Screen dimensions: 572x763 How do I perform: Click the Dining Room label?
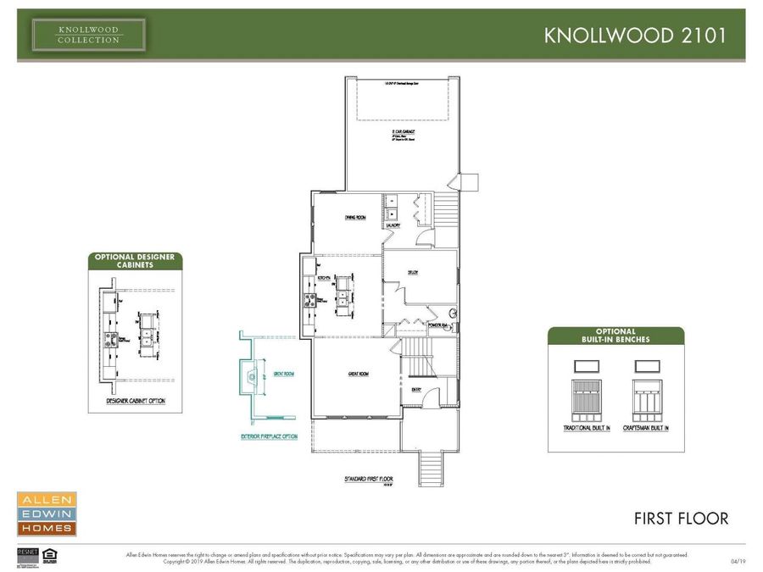coord(355,218)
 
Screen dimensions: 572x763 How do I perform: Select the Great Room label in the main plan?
coord(357,374)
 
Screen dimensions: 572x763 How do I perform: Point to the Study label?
coord(412,272)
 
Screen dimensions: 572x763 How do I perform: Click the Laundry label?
coord(392,226)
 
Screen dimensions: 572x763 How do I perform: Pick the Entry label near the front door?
coord(417,389)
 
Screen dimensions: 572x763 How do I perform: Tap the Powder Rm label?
coord(439,325)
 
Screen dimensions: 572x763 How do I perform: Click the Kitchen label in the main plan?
coord(323,278)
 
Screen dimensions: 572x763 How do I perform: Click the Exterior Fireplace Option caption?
coord(268,437)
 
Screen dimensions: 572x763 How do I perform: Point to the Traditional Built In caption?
coord(586,428)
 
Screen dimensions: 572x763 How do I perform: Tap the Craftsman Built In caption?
coord(645,428)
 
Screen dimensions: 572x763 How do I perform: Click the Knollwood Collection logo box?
coord(89,35)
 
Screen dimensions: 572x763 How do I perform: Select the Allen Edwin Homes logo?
coord(47,514)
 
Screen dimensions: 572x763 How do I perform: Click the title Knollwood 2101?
coord(634,36)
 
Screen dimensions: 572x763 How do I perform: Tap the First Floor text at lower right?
coord(681,518)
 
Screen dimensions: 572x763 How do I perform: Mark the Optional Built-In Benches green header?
coord(615,336)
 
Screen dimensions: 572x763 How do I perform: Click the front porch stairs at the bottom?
coord(431,469)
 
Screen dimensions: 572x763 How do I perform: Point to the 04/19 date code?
coord(738,561)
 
